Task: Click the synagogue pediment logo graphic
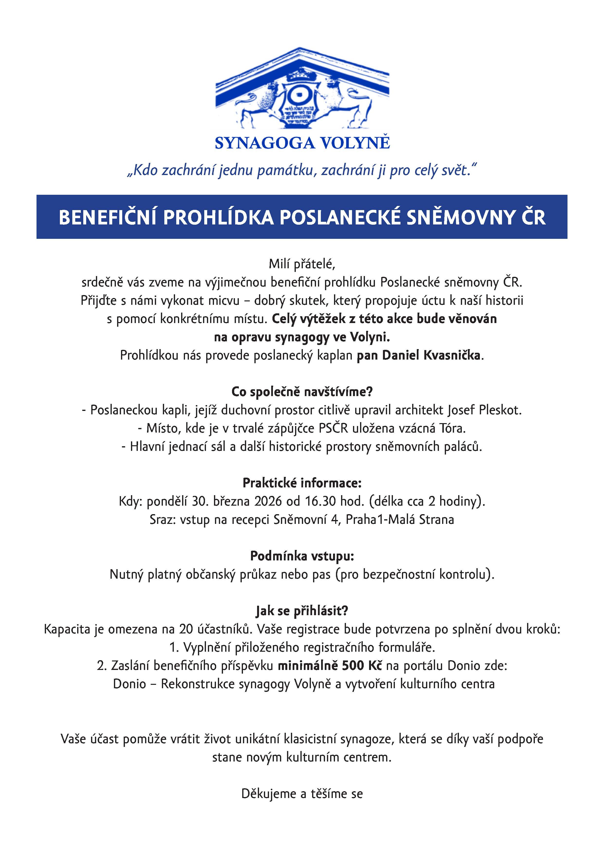tap(302, 91)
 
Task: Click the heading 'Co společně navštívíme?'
tap(302, 392)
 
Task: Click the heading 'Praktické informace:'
tap(302, 483)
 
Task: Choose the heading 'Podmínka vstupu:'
tap(302, 556)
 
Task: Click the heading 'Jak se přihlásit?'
tap(302, 611)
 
